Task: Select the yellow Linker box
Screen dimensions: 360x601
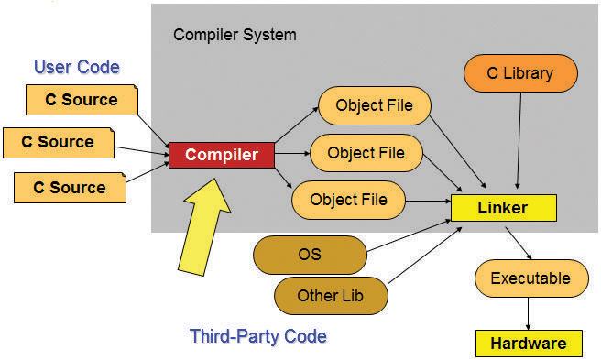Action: tap(503, 207)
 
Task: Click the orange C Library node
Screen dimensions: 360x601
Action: tap(521, 73)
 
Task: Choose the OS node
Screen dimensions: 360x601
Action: tap(310, 254)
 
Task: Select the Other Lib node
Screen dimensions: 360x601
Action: tap(330, 295)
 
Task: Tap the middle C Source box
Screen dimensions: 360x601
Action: tap(58, 142)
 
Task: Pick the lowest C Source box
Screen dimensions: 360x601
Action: tap(70, 187)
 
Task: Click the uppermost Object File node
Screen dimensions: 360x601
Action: tap(374, 105)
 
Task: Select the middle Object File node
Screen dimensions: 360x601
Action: tap(366, 152)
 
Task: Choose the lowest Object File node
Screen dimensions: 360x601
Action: tap(348, 199)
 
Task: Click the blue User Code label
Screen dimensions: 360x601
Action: tap(77, 67)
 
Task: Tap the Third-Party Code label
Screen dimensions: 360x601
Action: tap(257, 336)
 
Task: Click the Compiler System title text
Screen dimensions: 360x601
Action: tap(235, 35)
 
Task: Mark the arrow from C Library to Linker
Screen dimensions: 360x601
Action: tap(520, 142)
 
